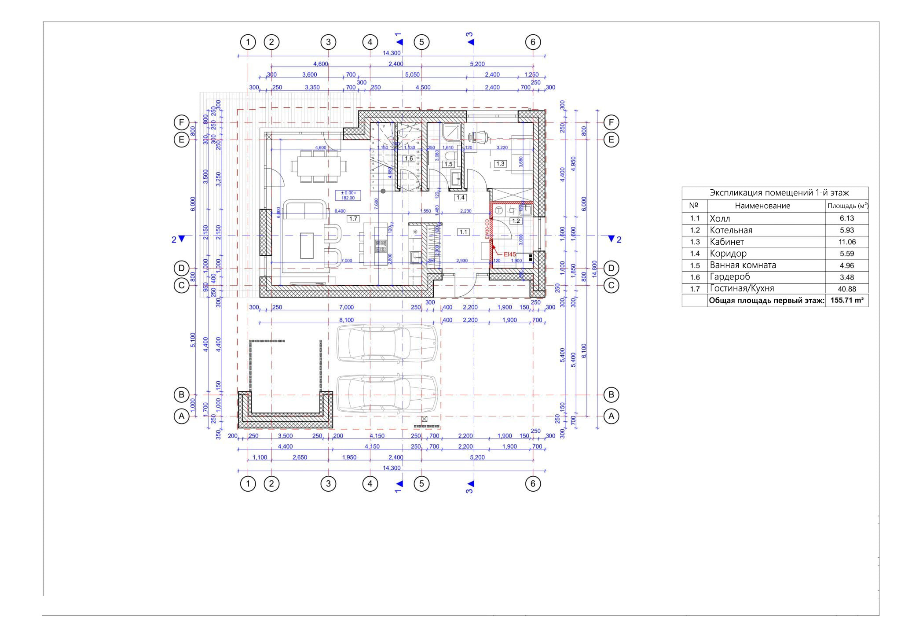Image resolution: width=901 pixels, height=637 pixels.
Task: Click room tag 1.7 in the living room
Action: click(353, 218)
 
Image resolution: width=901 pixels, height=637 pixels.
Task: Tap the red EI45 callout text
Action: click(510, 254)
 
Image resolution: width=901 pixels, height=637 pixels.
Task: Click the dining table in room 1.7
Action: click(319, 166)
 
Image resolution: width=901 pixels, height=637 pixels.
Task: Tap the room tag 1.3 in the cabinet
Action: click(500, 164)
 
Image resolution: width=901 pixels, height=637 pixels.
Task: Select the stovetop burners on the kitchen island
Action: click(381, 247)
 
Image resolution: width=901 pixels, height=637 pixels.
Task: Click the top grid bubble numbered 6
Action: click(533, 42)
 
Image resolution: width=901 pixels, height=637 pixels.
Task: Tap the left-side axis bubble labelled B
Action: click(181, 395)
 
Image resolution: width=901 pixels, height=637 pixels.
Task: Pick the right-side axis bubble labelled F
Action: click(611, 122)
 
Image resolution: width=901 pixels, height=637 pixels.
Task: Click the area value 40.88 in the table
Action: click(846, 289)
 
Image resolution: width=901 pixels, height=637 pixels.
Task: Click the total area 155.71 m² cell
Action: click(846, 301)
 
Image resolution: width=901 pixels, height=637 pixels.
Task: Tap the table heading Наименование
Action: click(762, 206)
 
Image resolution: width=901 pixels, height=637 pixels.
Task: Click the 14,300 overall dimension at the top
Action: click(392, 53)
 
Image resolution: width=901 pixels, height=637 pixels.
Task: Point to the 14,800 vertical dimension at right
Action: click(594, 269)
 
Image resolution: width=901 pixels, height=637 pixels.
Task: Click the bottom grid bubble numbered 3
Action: click(328, 484)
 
